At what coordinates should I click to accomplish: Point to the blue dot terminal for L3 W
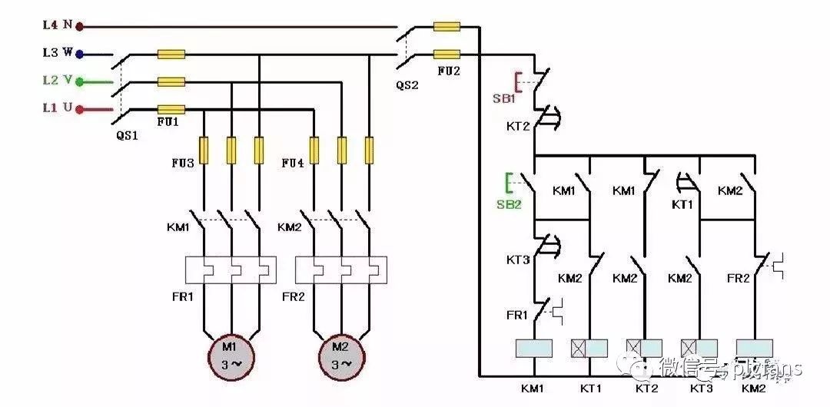[x=79, y=55]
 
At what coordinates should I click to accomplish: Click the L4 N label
[x=57, y=25]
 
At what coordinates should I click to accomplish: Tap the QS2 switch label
[x=407, y=85]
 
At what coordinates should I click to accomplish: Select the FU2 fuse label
[x=450, y=71]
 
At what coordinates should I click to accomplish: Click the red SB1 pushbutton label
[x=504, y=98]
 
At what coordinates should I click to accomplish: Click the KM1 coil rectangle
[x=533, y=348]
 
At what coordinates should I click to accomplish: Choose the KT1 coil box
[x=589, y=348]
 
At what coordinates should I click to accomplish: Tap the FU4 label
[x=293, y=164]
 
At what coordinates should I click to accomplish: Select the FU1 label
[x=168, y=121]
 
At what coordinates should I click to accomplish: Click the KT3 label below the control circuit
[x=700, y=389]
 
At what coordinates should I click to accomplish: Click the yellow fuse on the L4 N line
[x=447, y=27]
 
